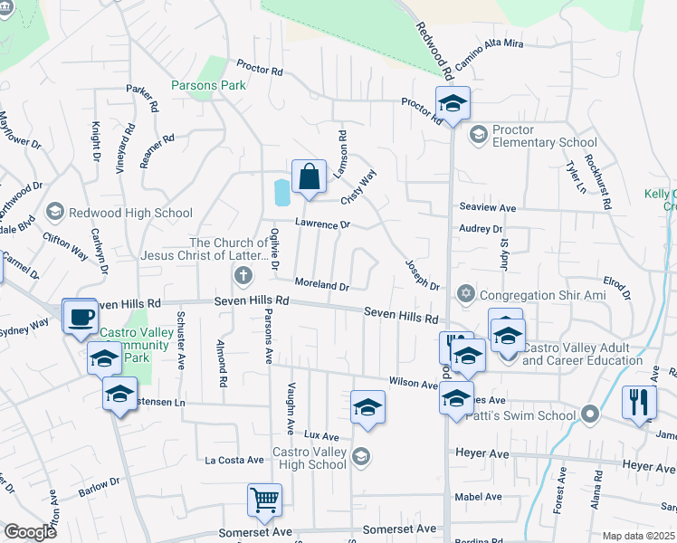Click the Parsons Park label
pyautogui.click(x=208, y=86)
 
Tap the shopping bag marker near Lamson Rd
pyautogui.click(x=309, y=176)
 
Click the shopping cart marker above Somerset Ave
pyautogui.click(x=264, y=500)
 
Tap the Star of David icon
pyautogui.click(x=466, y=294)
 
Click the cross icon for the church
pyautogui.click(x=242, y=274)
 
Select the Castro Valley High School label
pyautogui.click(x=310, y=457)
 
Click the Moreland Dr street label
pyautogui.click(x=321, y=286)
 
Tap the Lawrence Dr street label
pyautogui.click(x=321, y=224)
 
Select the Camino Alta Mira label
pyautogui.click(x=490, y=54)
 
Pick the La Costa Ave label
pyautogui.click(x=234, y=460)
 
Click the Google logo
pyautogui.click(x=30, y=532)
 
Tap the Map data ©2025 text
pyautogui.click(x=638, y=536)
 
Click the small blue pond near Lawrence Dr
pyautogui.click(x=281, y=191)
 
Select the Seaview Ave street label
pyautogui.click(x=487, y=208)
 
